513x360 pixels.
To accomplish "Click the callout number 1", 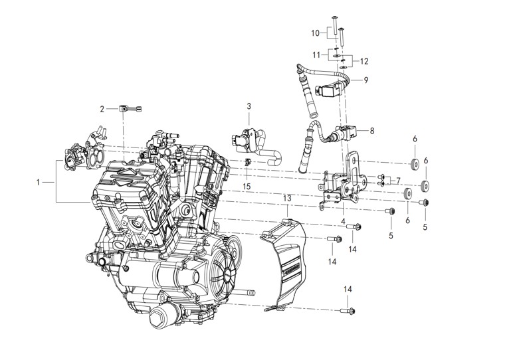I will (x=39, y=181).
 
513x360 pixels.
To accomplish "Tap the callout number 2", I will (x=103, y=108).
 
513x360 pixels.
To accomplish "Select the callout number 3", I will (x=249, y=106).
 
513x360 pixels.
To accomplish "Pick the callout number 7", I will (x=398, y=180).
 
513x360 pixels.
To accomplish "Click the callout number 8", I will (x=371, y=131).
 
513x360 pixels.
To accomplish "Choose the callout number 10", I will (x=315, y=32).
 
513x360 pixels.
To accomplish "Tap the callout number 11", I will (x=317, y=54).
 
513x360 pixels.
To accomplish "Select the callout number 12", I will (x=363, y=61).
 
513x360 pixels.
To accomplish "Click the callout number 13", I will (x=287, y=198).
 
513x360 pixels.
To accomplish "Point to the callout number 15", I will (x=247, y=187).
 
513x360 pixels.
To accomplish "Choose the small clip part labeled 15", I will (x=247, y=163).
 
